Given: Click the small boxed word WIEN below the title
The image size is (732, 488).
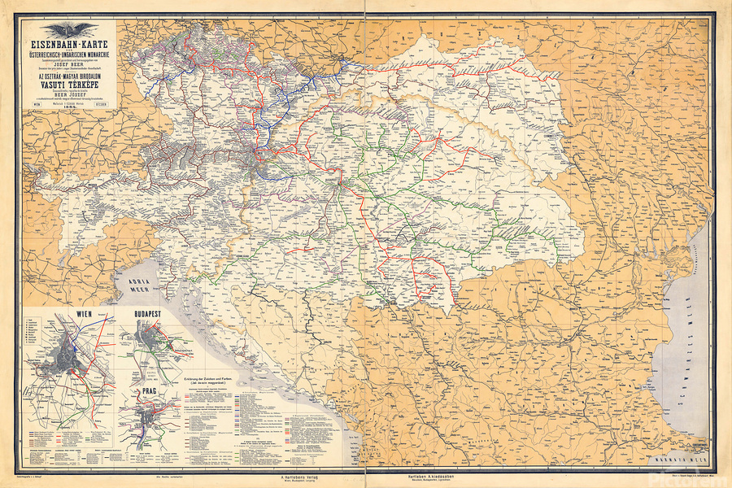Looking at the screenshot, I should (37, 104).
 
